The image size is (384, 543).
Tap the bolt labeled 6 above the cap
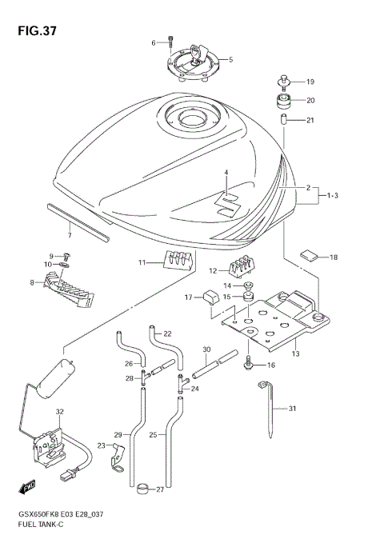point(170,42)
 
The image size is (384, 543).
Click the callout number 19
point(310,82)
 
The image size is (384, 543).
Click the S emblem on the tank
point(230,203)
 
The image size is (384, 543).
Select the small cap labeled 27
point(142,487)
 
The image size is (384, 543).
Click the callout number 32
point(58,411)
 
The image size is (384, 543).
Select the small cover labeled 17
point(210,298)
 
